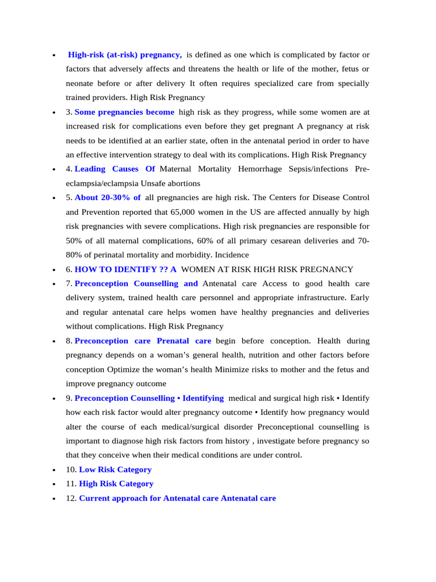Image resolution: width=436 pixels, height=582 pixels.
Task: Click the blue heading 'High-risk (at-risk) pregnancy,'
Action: pos(125,55)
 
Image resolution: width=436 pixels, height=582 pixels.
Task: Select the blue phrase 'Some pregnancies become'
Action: pos(124,112)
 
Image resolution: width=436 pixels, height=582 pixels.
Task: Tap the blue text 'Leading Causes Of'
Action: pos(115,169)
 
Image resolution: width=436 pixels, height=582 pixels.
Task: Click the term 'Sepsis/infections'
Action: pos(322,169)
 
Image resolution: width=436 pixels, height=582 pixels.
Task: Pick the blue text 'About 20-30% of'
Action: pos(108,198)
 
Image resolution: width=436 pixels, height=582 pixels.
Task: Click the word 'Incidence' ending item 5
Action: pos(231,255)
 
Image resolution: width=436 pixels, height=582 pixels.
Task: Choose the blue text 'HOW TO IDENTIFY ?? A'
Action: pos(125,269)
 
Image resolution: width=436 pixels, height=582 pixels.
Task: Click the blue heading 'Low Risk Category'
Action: pos(115,469)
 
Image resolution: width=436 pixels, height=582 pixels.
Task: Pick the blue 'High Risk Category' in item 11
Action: pos(116,484)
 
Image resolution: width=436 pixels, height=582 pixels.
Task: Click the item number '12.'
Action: pos(71,498)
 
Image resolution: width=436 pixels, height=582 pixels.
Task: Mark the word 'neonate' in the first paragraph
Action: pos(81,84)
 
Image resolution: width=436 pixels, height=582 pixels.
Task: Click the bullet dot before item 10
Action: pos(53,470)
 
